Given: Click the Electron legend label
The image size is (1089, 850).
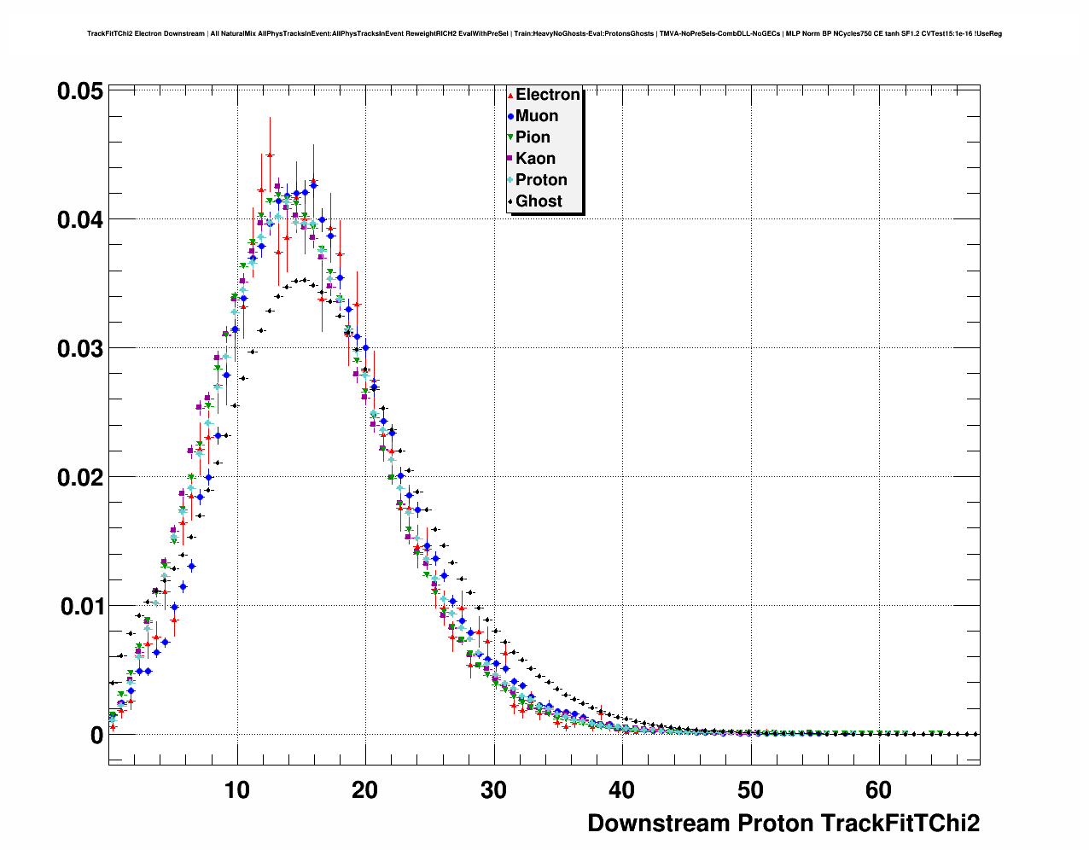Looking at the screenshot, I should coord(547,95).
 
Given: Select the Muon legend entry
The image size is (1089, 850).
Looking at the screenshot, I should coord(537,116).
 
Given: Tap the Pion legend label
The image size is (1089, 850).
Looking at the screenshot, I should coord(533,137).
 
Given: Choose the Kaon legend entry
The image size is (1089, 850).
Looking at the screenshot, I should coord(535,159).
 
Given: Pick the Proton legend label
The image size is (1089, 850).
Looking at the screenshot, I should coord(541,180).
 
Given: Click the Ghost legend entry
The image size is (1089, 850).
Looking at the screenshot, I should coord(539,201).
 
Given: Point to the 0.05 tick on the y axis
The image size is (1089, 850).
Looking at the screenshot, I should coord(80,91).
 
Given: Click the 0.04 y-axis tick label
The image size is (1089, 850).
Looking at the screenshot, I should coord(80,220).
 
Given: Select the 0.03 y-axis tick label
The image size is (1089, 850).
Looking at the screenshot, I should coord(80,349).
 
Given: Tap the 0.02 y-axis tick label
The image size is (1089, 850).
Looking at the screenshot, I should coord(80,478).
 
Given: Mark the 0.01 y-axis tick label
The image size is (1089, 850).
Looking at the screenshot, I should coord(80,607).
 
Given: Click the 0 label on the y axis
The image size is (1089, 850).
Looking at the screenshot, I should coord(96,736).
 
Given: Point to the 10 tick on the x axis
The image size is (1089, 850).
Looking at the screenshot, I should coord(236,790).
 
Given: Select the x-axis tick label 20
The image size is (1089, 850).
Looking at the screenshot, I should coord(365,790).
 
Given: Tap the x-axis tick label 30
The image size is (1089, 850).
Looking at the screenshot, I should coord(493,790).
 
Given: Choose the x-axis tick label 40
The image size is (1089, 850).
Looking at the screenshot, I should coord(622,790).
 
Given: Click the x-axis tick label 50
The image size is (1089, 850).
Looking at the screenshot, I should coord(750,790).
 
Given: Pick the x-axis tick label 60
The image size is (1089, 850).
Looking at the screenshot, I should coord(878,790).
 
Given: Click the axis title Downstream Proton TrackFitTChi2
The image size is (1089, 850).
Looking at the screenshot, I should coord(783,824).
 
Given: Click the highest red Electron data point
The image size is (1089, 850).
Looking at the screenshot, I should coord(270,155).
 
